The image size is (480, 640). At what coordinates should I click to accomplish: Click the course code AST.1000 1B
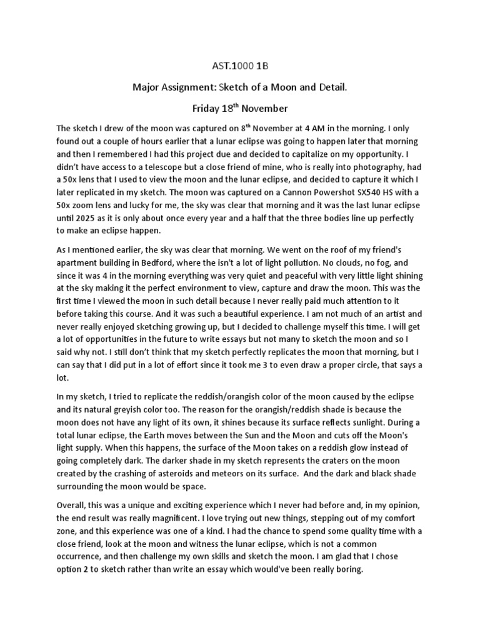tap(240, 67)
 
